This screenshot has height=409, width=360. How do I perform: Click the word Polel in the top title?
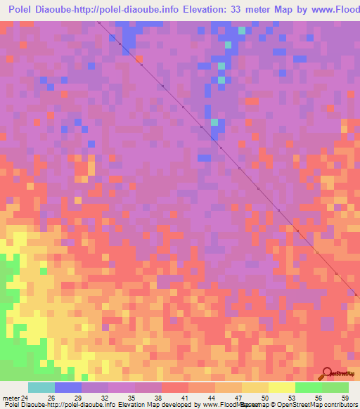point(22,10)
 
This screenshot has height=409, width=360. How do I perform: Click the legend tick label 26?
point(50,398)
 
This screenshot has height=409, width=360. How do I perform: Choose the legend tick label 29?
point(77,398)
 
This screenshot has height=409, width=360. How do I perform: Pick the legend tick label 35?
point(131,398)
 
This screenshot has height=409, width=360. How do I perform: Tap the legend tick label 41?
point(185,398)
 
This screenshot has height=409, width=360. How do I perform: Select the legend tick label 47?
point(239,398)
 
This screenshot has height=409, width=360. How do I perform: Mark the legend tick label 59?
point(344,398)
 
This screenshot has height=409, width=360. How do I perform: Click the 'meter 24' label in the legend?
point(15,398)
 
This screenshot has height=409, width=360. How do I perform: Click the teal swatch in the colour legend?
point(41,387)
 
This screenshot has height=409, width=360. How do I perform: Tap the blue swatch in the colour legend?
point(67,387)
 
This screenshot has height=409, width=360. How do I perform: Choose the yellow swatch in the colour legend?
point(281,387)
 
